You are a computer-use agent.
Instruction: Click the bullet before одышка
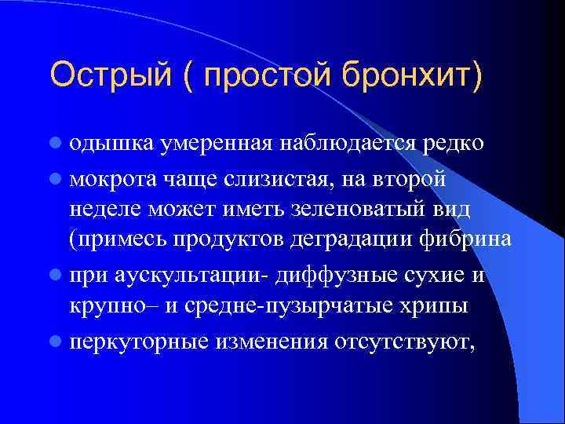tap(55, 144)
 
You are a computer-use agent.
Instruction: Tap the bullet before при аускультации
tap(55, 276)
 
